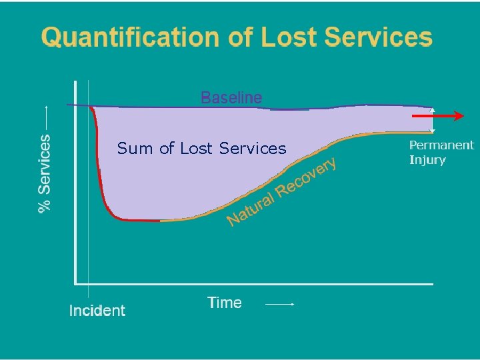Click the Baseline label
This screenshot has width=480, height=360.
tap(231, 98)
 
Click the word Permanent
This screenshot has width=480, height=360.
tap(441, 145)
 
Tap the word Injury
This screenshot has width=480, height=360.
tap(427, 160)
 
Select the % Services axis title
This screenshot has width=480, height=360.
tap(45, 173)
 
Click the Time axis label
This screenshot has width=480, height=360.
tap(225, 303)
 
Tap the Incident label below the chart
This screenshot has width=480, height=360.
tap(97, 310)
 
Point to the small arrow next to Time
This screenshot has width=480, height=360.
tap(280, 304)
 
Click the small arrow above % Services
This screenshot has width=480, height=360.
tap(45, 117)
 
